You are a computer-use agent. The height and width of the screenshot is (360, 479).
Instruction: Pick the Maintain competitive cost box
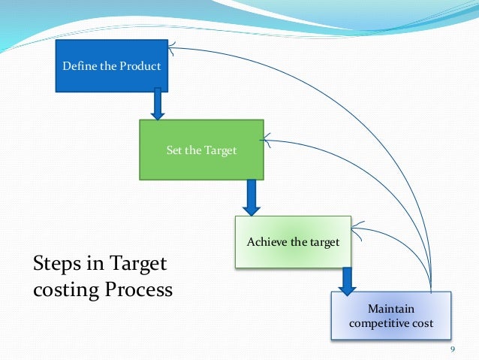click(x=391, y=316)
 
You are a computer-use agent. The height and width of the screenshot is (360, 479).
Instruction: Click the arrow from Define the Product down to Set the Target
click(x=158, y=104)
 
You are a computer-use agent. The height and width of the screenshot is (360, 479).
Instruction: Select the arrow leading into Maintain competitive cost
click(x=347, y=280)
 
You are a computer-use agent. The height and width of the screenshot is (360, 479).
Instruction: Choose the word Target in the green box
click(x=221, y=150)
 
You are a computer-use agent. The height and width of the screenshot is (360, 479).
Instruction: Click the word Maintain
click(x=390, y=309)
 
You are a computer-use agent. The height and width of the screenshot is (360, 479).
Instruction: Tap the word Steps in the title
click(x=55, y=265)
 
